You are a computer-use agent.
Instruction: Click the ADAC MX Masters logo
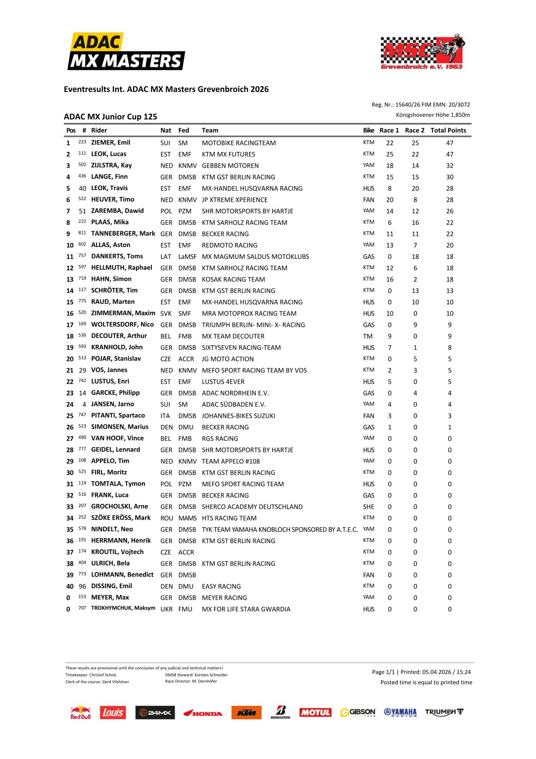[126, 52]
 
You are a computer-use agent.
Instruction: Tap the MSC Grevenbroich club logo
[422, 52]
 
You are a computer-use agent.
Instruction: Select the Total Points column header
[448, 130]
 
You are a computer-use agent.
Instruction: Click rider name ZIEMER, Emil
[111, 142]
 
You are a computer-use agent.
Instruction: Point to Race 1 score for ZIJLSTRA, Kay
[390, 165]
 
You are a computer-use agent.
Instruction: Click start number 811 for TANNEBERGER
[82, 233]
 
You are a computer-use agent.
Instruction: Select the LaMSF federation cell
[187, 256]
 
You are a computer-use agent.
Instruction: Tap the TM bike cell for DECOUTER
[368, 336]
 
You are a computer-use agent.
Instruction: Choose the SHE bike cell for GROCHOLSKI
[368, 507]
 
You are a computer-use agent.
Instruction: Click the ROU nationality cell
[167, 518]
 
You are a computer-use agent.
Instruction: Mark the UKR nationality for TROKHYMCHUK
[167, 609]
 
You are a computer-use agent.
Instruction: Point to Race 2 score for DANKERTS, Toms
[415, 256]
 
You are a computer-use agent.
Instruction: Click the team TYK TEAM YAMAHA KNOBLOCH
[280, 530]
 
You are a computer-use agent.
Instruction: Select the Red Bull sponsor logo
[81, 713]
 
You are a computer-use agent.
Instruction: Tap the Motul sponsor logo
[315, 713]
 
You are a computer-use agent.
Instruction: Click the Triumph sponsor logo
[444, 712]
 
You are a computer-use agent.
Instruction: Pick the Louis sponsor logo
[113, 713]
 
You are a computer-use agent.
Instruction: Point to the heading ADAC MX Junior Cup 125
[110, 117]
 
